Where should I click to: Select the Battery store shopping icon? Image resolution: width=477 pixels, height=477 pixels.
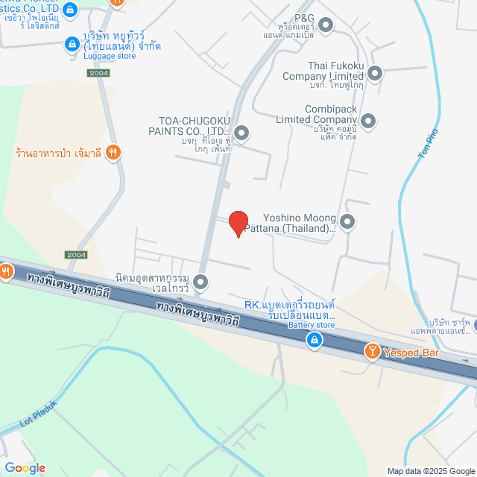coord(315,341)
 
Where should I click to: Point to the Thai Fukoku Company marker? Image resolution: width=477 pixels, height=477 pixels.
coord(375,73)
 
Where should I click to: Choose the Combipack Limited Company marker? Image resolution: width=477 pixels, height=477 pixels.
coord(367,119)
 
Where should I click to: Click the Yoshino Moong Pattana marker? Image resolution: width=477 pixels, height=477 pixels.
coord(347,221)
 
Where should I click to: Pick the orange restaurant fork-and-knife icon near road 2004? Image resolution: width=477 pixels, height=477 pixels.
coord(114,153)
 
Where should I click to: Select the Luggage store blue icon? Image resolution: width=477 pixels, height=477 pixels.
coord(72,45)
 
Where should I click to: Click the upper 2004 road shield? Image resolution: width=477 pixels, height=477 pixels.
coord(98,72)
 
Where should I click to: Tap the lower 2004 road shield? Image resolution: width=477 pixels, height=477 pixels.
coord(76,255)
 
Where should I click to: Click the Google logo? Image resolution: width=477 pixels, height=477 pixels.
coord(25,467)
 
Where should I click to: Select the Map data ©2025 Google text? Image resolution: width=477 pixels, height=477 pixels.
coord(430,471)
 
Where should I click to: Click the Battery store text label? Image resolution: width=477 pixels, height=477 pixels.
coord(311,325)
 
